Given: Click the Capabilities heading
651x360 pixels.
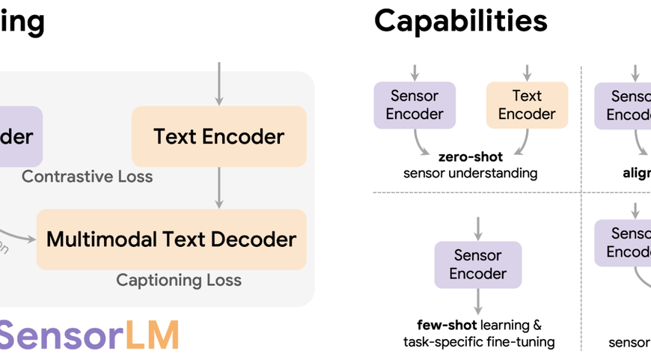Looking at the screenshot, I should tap(460, 21).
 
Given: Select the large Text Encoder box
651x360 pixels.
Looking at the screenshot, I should tap(219, 136).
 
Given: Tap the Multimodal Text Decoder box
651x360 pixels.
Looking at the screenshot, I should tap(171, 240).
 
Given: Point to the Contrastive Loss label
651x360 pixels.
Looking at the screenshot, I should tap(87, 177).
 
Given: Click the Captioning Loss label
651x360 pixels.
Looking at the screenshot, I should tap(179, 280).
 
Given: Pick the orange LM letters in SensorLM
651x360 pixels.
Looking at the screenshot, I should tap(152, 335).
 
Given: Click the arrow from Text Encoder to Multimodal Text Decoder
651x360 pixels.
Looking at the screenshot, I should tap(219, 187).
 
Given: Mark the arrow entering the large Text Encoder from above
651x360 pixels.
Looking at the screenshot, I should tap(219, 83).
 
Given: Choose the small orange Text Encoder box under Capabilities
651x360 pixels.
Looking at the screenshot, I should tap(527, 105).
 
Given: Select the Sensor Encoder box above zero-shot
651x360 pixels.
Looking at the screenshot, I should tap(415, 105).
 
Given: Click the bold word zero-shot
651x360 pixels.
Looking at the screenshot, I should tap(470, 157).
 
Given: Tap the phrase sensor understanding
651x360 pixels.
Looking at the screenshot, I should tap(470, 174).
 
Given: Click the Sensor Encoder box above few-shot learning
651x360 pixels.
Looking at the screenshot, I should tap(478, 264).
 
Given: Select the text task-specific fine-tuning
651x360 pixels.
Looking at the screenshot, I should tap(479, 342).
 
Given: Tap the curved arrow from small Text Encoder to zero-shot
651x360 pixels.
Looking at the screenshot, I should tap(520, 142).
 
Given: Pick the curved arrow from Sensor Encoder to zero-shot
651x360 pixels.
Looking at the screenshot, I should tap(424, 142).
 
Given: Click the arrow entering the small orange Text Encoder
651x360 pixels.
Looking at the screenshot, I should tap(527, 73).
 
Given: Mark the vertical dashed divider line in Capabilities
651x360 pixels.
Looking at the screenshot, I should tap(581, 127).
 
